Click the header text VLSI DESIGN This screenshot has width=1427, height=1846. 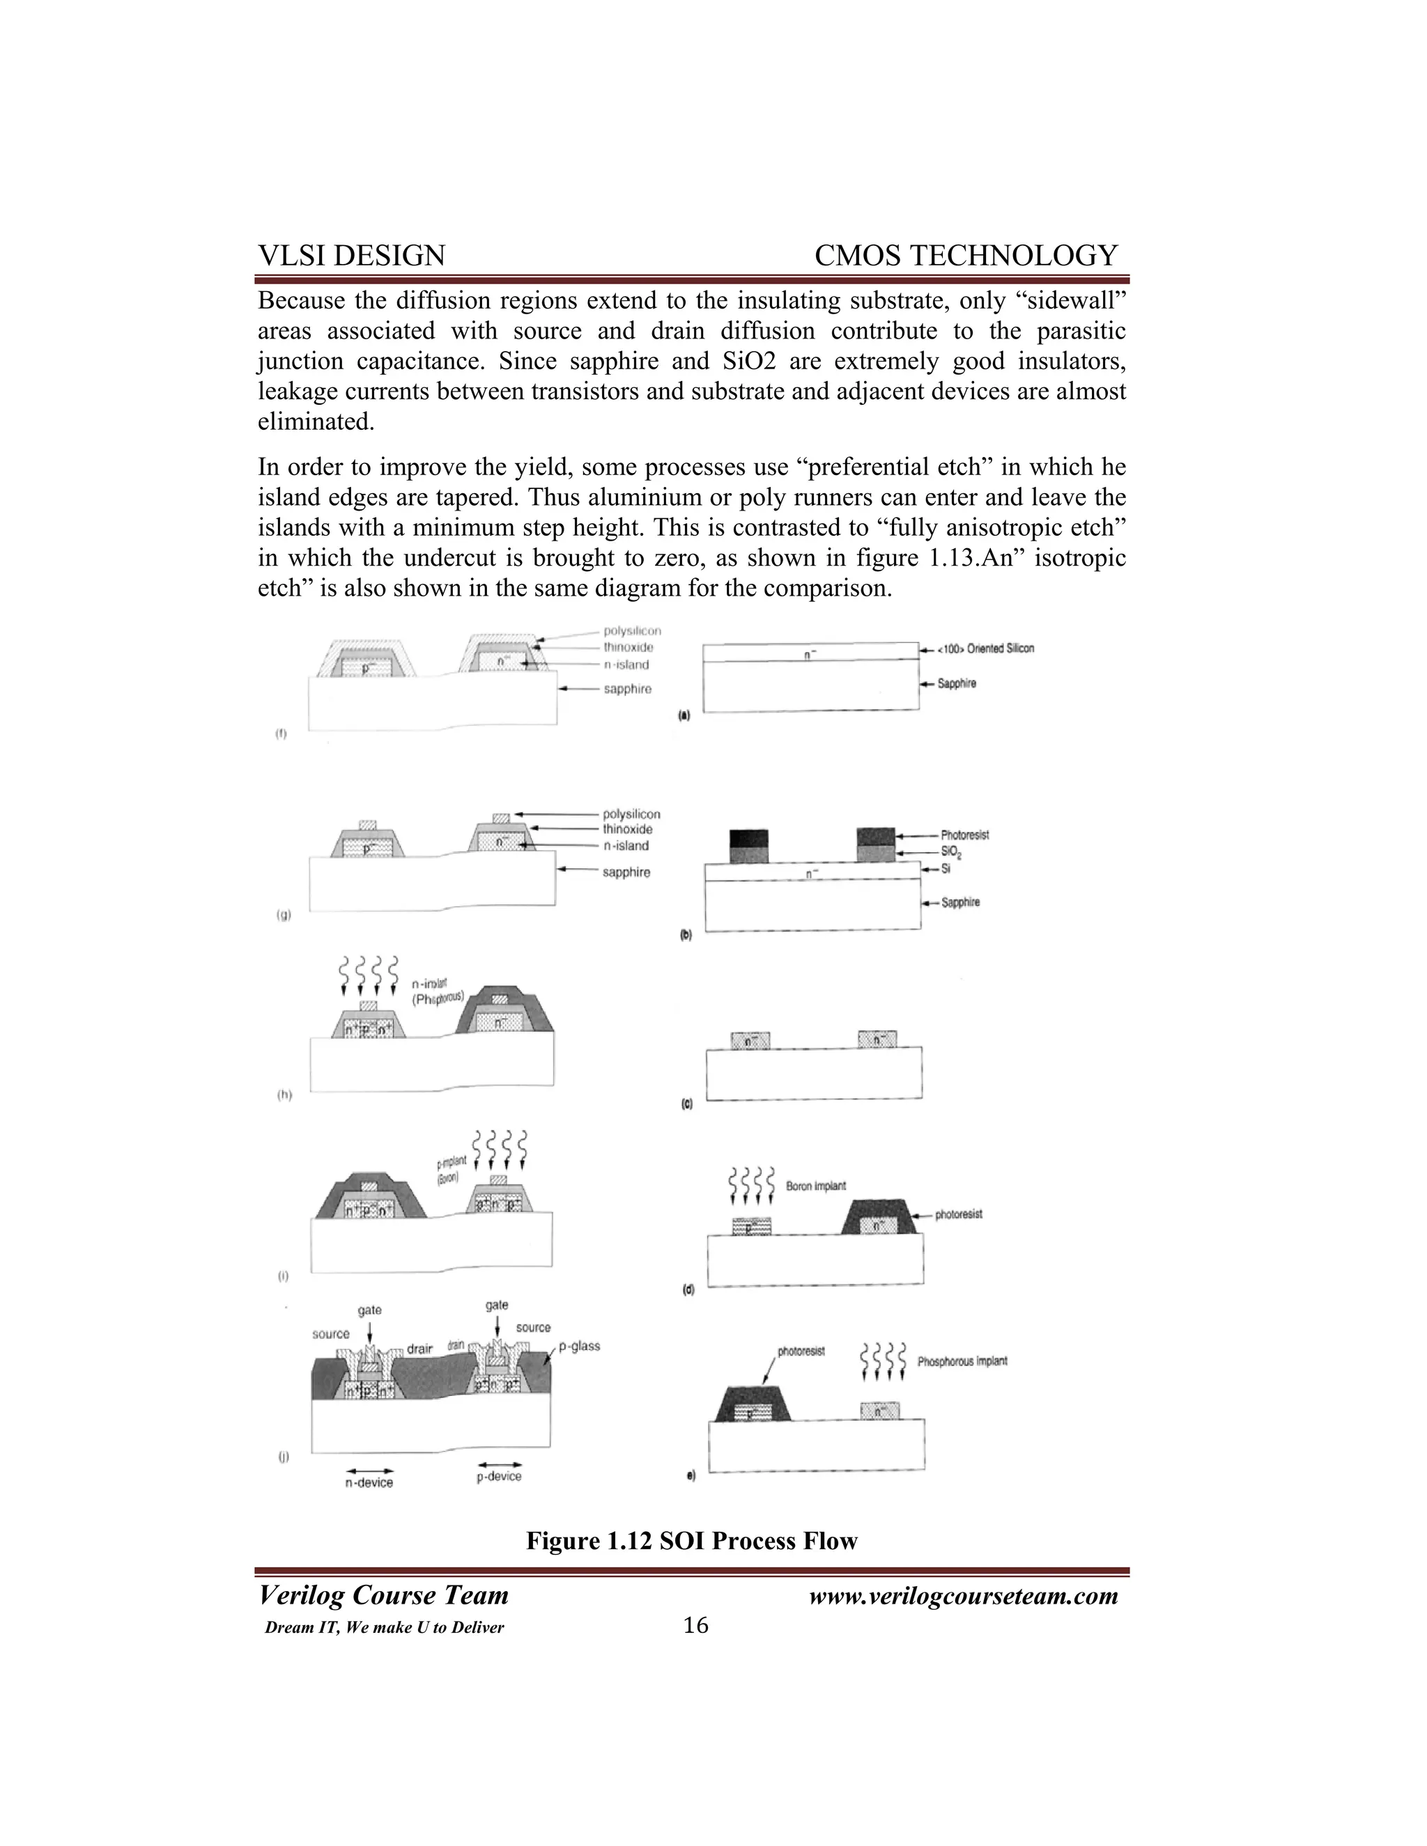[x=351, y=255]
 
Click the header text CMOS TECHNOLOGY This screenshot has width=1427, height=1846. [x=966, y=255]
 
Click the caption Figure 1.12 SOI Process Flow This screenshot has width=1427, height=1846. [x=691, y=1540]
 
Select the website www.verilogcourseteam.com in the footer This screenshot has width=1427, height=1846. [x=963, y=1596]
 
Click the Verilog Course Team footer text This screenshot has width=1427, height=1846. [x=383, y=1596]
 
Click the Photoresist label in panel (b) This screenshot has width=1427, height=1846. [x=964, y=835]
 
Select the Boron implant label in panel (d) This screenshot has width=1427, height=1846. [x=815, y=1186]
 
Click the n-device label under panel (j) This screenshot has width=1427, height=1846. [x=369, y=1482]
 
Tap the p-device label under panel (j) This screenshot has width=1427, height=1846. [x=499, y=1477]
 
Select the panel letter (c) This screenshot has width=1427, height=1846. [x=686, y=1105]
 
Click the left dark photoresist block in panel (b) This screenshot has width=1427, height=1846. [x=748, y=839]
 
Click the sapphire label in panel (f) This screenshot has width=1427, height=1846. [x=627, y=689]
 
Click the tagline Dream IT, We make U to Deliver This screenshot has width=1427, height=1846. [x=384, y=1628]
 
